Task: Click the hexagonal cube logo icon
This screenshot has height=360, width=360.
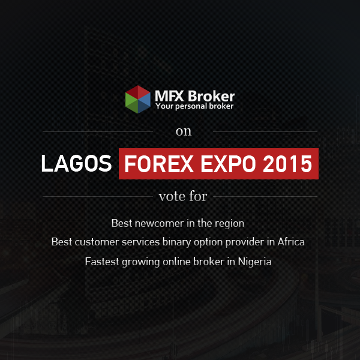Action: (138, 100)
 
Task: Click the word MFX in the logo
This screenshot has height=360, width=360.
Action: (169, 96)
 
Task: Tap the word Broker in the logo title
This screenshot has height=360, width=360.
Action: (211, 96)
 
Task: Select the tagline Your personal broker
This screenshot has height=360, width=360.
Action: (194, 106)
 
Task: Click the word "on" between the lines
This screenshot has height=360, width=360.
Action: (184, 131)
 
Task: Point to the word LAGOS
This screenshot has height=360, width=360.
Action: (76, 163)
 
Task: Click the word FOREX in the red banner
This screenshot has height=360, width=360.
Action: (159, 164)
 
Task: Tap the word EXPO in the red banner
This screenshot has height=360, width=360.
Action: (228, 164)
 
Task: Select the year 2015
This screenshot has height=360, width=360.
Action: (287, 164)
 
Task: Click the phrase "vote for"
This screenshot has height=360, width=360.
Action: (183, 197)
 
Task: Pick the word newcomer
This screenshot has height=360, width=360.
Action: (160, 223)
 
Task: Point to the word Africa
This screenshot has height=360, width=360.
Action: (291, 242)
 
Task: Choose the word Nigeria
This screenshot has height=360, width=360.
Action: (254, 262)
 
